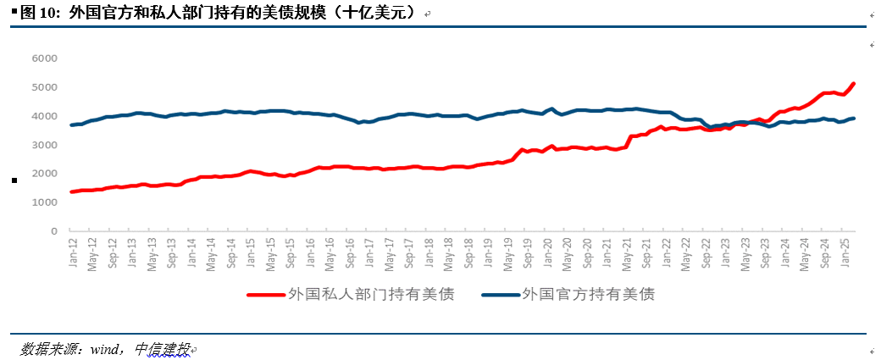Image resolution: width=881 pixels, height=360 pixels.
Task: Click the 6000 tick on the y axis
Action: click(x=44, y=58)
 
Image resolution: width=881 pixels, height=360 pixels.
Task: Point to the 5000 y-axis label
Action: click(x=44, y=87)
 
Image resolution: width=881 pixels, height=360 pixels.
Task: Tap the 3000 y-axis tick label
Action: click(x=44, y=145)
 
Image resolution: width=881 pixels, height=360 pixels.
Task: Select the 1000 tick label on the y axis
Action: click(x=44, y=202)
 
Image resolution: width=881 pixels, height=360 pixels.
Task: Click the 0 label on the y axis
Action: click(x=53, y=231)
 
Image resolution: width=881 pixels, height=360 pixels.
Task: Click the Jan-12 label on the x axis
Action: click(x=73, y=252)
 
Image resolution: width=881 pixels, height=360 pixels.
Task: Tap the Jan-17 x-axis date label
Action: click(x=369, y=252)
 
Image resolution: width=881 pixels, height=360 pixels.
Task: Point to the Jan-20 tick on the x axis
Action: click(x=547, y=252)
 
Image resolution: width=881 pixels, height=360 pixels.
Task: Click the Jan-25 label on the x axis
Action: click(x=845, y=252)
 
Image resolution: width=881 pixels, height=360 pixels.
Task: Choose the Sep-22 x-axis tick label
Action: click(x=706, y=252)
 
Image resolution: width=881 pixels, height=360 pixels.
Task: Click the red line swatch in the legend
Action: click(x=264, y=296)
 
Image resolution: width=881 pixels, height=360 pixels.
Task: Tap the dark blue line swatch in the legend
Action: click(x=500, y=296)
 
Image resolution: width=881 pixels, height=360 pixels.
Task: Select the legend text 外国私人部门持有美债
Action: click(x=370, y=296)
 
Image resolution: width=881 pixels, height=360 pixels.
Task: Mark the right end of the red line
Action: click(x=854, y=83)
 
